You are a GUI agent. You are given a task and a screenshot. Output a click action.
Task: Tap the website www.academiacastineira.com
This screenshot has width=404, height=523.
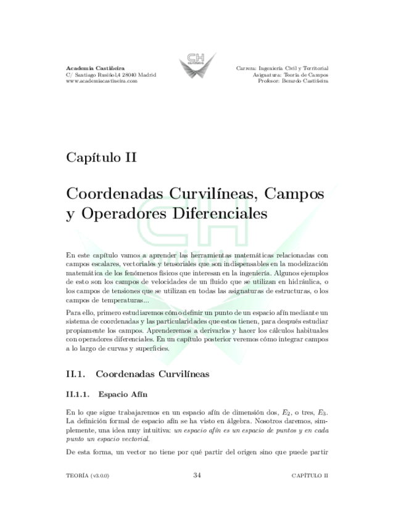[105, 81]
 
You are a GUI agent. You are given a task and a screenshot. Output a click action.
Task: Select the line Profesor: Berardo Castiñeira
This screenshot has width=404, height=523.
[293, 81]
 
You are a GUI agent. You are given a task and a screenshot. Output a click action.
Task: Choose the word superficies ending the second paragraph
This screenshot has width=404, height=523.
[146, 348]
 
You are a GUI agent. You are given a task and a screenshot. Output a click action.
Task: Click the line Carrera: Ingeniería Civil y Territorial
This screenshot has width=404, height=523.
[282, 67]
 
